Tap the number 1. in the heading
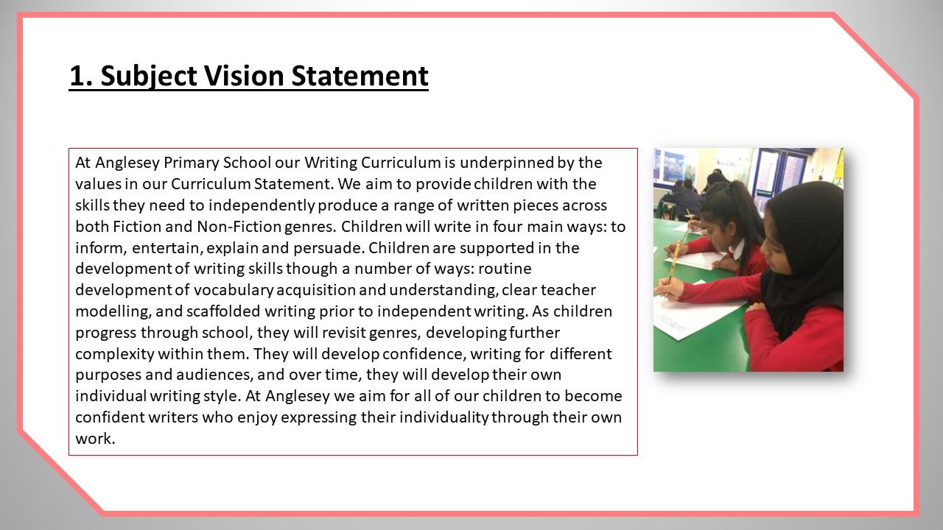tap(81, 76)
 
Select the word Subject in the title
tap(149, 77)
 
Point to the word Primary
tap(191, 163)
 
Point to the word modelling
tap(113, 311)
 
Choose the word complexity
tap(115, 355)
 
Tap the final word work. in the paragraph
tap(95, 439)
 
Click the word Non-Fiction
tap(239, 227)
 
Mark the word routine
tap(505, 269)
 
